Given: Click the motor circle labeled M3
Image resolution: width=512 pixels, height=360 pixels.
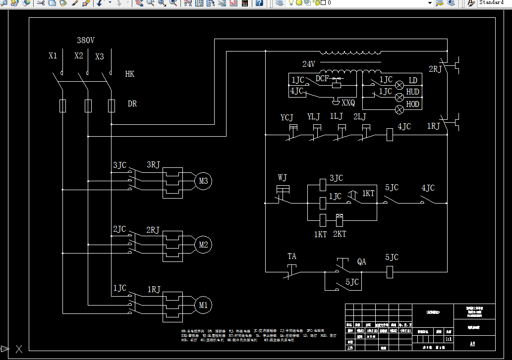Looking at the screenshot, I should [x=203, y=181].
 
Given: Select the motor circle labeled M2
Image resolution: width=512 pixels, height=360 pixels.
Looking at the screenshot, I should [x=203, y=245].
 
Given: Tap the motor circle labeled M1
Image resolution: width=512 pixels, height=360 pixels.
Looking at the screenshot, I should [x=203, y=305].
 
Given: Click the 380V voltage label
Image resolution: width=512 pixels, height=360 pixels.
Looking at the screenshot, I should [x=85, y=41].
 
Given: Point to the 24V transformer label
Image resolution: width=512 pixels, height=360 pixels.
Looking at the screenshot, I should [x=309, y=64].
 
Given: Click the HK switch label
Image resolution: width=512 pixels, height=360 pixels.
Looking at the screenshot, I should [x=129, y=74].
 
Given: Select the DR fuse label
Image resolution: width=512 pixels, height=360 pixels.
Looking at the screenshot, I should [x=132, y=104].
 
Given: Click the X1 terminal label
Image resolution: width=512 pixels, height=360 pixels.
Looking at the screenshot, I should [x=53, y=56].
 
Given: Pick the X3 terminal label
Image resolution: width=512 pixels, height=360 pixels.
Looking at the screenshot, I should [x=100, y=57].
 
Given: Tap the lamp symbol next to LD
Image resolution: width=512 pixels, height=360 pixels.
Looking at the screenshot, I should [x=399, y=85].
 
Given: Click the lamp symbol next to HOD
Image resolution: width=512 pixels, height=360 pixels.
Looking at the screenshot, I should [x=399, y=109].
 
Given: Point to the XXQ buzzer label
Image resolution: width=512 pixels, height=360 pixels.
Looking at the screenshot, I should [x=348, y=103].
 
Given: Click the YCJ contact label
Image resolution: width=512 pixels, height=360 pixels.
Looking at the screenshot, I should [x=287, y=118].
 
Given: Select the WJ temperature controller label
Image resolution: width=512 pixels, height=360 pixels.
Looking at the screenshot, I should [x=282, y=177].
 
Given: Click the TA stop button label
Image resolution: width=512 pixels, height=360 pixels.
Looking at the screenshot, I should [x=292, y=257].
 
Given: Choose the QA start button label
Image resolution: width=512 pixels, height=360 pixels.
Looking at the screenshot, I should [x=362, y=261].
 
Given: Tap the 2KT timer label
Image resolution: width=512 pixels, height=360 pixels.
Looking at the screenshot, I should [x=340, y=234].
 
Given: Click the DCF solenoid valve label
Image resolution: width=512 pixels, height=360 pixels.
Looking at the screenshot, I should [x=322, y=79].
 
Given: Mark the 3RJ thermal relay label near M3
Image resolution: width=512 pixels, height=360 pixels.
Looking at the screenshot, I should [x=154, y=164].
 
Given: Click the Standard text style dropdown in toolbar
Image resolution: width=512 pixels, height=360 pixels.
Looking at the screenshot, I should [x=493, y=3].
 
